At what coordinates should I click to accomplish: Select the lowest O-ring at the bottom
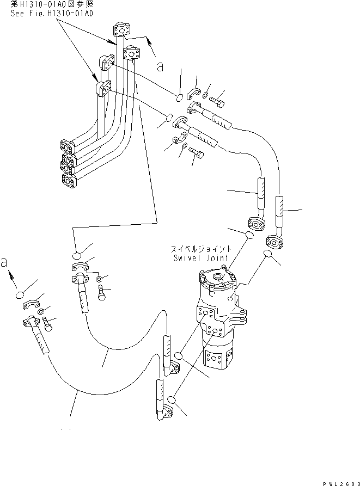(173, 400)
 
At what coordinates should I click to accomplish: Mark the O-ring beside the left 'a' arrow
(21, 296)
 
